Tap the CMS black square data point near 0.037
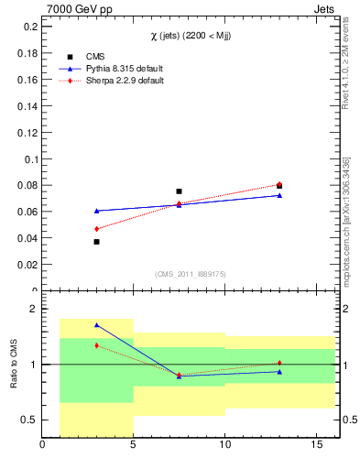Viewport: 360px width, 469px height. click(x=96, y=242)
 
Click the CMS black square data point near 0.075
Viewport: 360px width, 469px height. click(x=179, y=191)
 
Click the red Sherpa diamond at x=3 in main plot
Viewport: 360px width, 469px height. click(x=96, y=229)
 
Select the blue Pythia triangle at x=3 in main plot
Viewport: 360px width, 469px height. click(x=96, y=211)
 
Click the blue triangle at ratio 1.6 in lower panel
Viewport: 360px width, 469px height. click(x=96, y=325)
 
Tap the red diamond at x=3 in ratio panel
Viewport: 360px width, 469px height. click(x=96, y=345)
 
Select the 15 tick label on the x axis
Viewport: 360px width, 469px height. click(x=315, y=446)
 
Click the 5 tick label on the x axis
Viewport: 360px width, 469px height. click(x=134, y=446)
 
